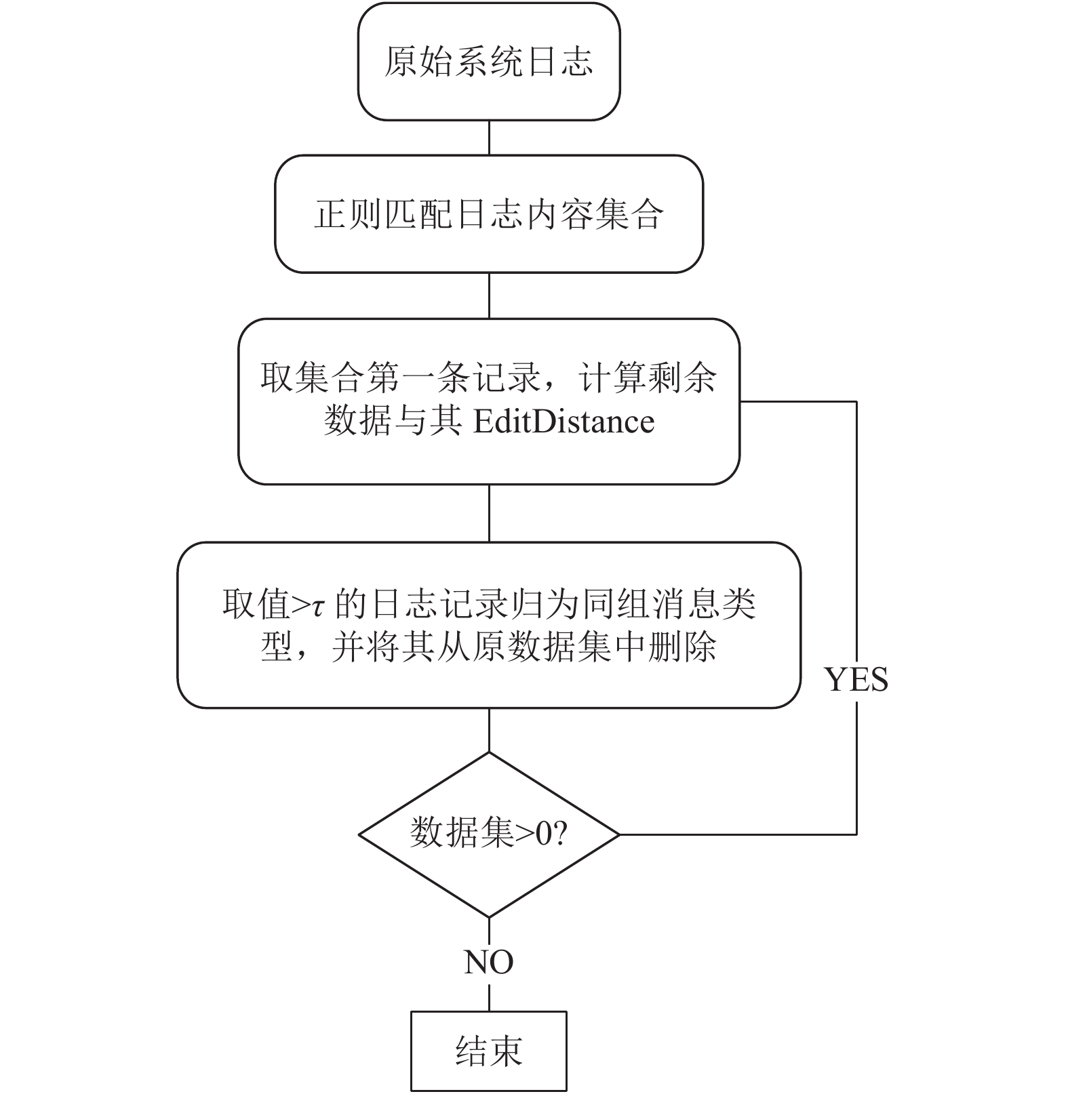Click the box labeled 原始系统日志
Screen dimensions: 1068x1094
pyautogui.click(x=489, y=62)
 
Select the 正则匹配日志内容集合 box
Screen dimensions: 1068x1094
pyautogui.click(x=489, y=214)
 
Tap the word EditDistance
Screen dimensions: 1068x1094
pyautogui.click(x=563, y=421)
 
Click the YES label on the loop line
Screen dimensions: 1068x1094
pyautogui.click(x=856, y=679)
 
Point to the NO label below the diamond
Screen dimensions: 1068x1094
pyautogui.click(x=489, y=962)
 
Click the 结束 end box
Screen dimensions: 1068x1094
pyautogui.click(x=488, y=1051)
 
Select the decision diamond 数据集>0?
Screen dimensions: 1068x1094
pyautogui.click(x=489, y=834)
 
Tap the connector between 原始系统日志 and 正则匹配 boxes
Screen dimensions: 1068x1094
pyautogui.click(x=489, y=138)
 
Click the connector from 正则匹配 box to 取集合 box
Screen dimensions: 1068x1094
pyautogui.click(x=489, y=296)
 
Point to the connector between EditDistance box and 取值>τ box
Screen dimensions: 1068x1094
pyautogui.click(x=489, y=513)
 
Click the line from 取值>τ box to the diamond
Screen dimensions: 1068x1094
pyautogui.click(x=489, y=730)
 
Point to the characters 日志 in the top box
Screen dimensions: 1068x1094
pyautogui.click(x=559, y=62)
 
